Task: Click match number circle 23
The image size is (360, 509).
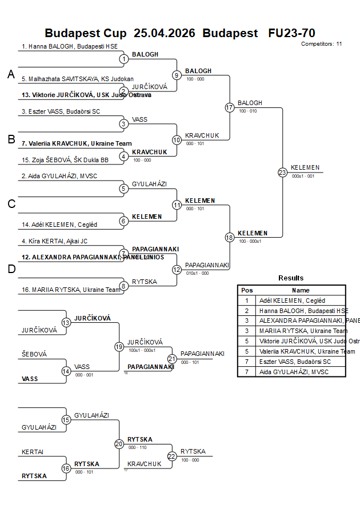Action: click(x=282, y=173)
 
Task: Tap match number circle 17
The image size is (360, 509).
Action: click(x=230, y=107)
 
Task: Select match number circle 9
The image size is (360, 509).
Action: click(x=177, y=75)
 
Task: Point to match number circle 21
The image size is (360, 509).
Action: click(x=172, y=359)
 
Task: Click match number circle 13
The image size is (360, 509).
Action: click(x=66, y=323)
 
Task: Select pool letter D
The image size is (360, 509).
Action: click(x=10, y=269)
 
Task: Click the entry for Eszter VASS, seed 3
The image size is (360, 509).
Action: click(x=61, y=111)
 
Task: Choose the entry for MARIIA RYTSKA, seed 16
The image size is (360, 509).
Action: click(x=71, y=290)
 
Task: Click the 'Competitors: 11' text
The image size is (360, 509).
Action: click(x=321, y=43)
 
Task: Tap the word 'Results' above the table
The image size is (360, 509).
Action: click(x=291, y=278)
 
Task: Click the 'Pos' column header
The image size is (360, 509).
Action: click(x=247, y=290)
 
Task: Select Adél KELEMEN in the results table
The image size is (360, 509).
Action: click(x=292, y=300)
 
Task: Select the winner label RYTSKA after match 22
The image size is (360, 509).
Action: click(x=193, y=451)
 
